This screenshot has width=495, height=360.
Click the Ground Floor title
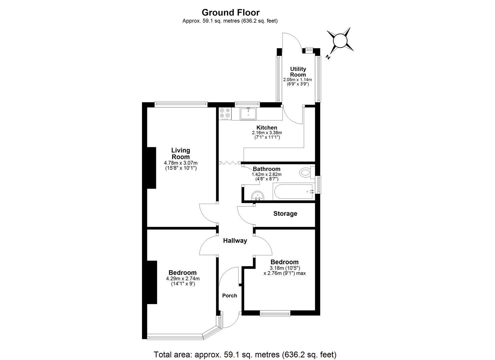(230, 13)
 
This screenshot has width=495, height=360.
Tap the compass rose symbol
(340, 41)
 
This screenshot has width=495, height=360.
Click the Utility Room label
(298, 72)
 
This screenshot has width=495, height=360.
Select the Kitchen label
(267, 128)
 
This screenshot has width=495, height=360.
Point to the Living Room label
(181, 154)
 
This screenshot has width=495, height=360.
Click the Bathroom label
(266, 169)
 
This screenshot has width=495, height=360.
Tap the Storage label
(285, 214)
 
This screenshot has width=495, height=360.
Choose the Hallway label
(235, 241)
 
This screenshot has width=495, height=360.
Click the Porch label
(230, 296)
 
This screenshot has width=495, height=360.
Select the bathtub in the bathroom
(293, 192)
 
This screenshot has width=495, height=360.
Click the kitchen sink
(248, 113)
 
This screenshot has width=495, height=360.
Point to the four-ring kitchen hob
(224, 113)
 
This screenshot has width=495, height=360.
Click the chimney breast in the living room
(152, 168)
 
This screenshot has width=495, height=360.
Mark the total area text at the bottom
(245, 354)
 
